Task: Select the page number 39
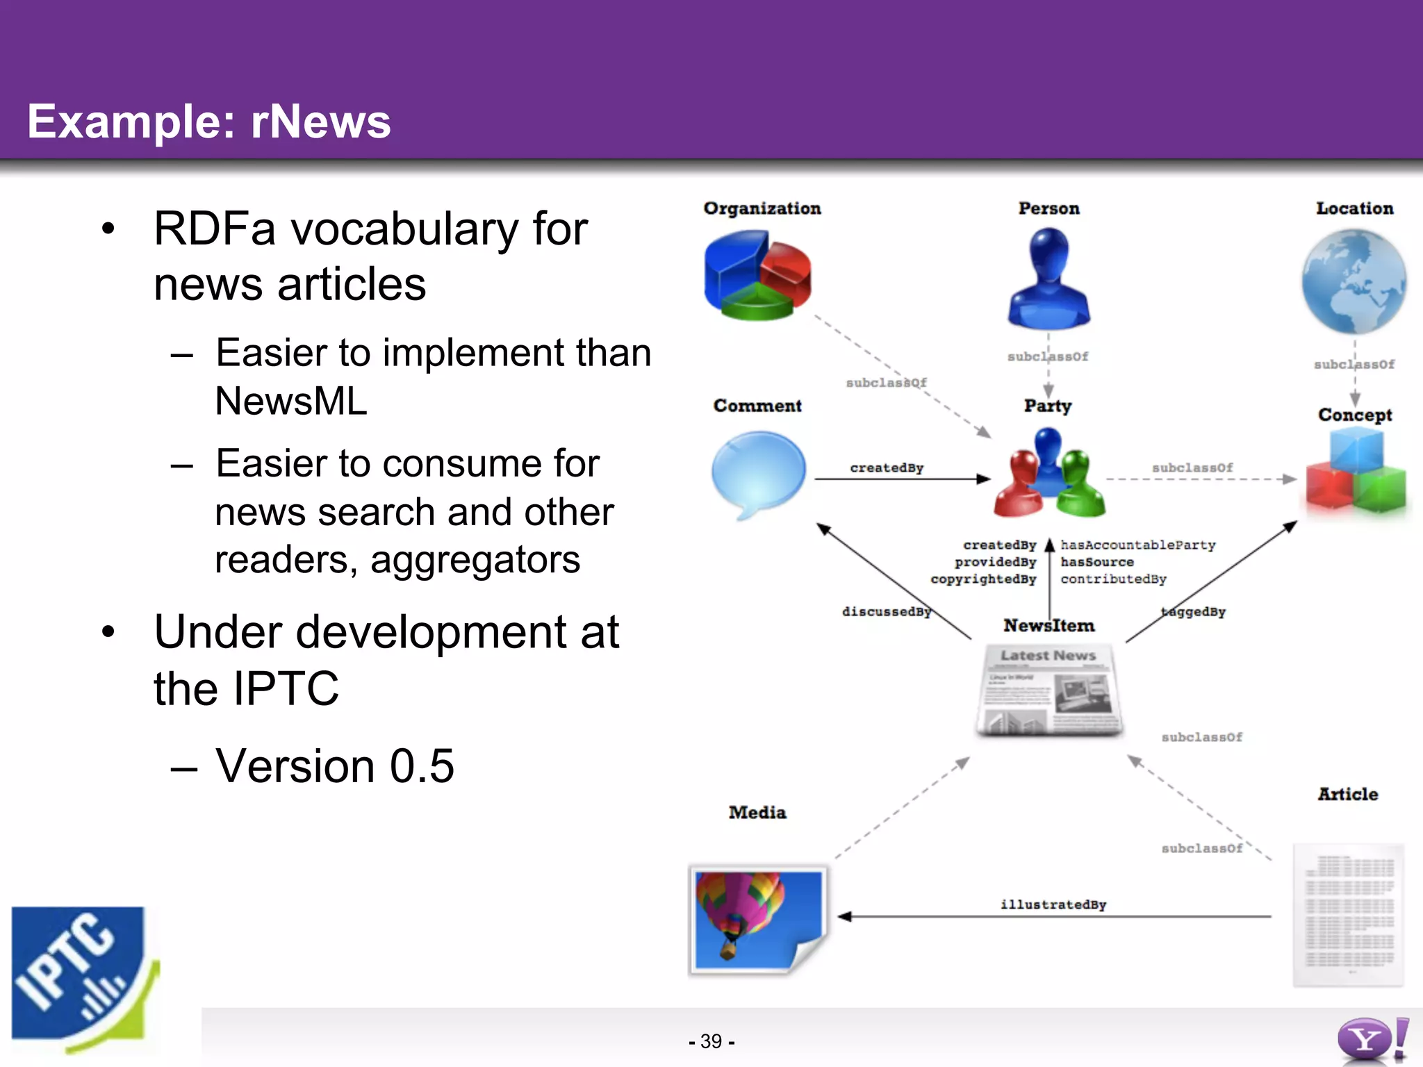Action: (711, 1041)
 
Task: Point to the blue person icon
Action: (1049, 278)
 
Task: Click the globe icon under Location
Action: (1354, 281)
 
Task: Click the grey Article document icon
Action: (1348, 914)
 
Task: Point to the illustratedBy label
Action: (1053, 904)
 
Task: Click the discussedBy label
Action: (886, 611)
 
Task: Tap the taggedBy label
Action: (1193, 611)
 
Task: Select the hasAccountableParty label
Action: (1137, 545)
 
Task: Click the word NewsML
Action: (291, 401)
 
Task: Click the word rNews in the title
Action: (320, 122)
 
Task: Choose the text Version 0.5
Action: (334, 766)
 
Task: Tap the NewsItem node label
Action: (1048, 626)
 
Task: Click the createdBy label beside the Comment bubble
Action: (887, 468)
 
